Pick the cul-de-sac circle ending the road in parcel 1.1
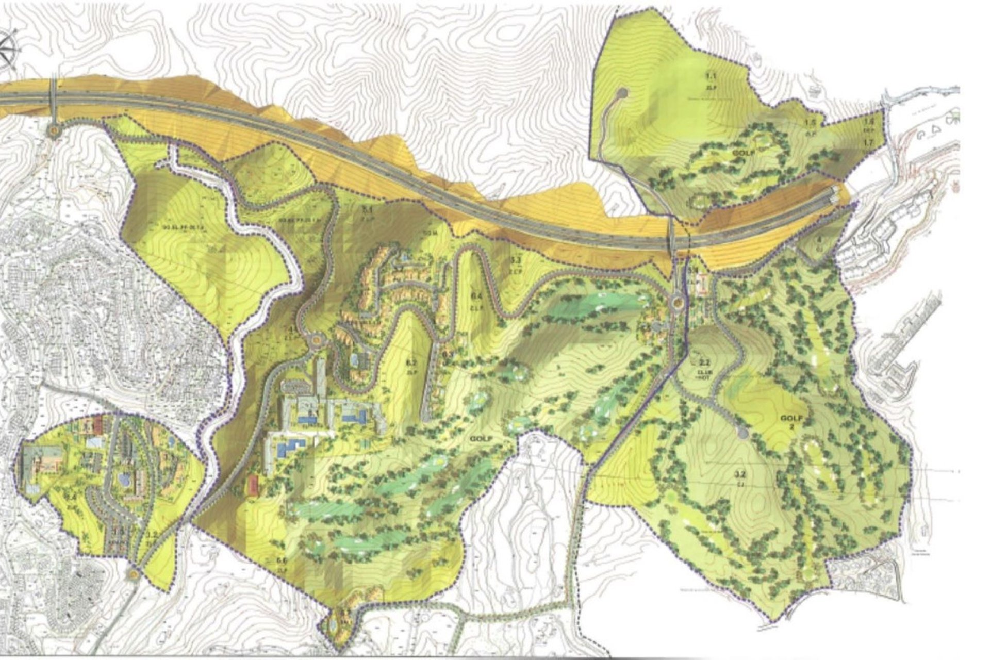(622, 93)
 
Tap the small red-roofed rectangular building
(253, 486)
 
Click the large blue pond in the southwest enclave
(124, 479)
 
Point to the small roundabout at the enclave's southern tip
(134, 573)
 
